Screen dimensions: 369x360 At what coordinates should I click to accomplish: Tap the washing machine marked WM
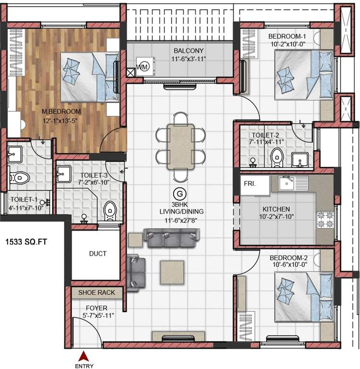(143, 67)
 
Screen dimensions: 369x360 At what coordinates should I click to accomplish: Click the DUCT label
(98, 254)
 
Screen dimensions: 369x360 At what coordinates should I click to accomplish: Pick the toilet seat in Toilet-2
(276, 157)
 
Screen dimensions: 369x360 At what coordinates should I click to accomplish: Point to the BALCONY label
(183, 50)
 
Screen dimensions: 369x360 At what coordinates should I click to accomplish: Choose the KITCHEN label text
(276, 209)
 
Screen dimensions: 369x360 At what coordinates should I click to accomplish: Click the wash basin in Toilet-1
(14, 155)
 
